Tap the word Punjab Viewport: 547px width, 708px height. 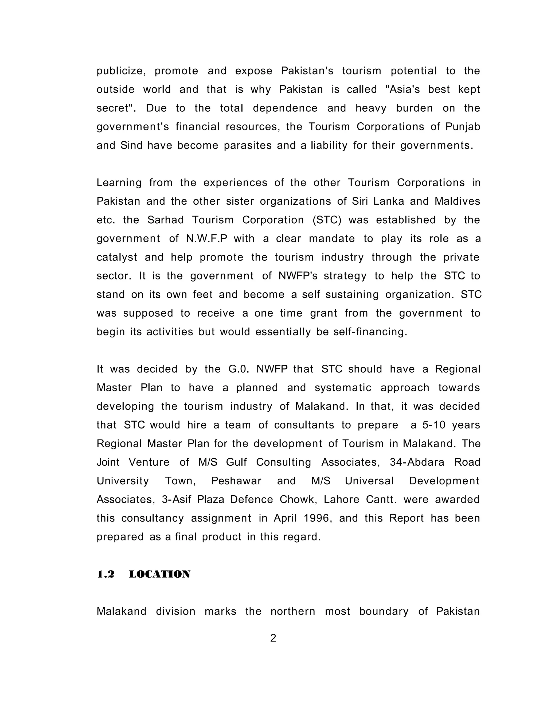tap(463, 127)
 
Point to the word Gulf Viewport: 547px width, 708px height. tap(236, 462)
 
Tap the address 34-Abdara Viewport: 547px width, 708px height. tap(417, 462)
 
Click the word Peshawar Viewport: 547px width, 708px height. tap(236, 481)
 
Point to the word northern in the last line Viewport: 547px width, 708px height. tap(293, 611)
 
